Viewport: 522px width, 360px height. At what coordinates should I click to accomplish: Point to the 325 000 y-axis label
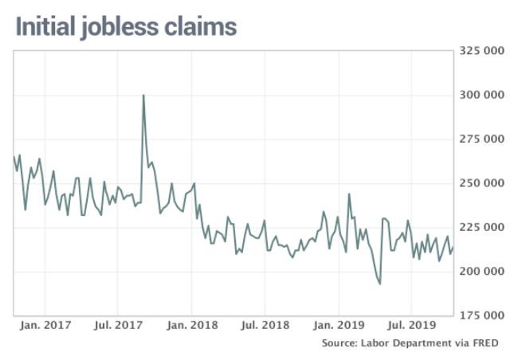pyautogui.click(x=482, y=51)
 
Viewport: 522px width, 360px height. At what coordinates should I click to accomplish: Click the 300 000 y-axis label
pyautogui.click(x=482, y=95)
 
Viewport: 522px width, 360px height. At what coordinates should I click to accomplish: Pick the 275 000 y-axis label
pyautogui.click(x=482, y=139)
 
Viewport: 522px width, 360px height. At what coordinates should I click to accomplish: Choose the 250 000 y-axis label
pyautogui.click(x=482, y=183)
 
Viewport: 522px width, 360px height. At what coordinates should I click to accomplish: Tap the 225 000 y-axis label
pyautogui.click(x=482, y=227)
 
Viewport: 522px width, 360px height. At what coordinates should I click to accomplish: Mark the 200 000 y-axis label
pyautogui.click(x=482, y=272)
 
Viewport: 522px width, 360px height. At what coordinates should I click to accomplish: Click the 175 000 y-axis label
pyautogui.click(x=482, y=315)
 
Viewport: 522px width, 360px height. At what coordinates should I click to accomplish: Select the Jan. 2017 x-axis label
pyautogui.click(x=45, y=325)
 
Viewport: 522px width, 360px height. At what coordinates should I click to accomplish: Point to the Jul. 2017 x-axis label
pyautogui.click(x=117, y=325)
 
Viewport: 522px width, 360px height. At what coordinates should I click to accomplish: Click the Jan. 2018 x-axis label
pyautogui.click(x=191, y=325)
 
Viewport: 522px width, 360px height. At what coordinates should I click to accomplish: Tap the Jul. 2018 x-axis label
pyautogui.click(x=264, y=325)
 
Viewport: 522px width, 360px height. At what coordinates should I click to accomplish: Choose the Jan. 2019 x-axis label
pyautogui.click(x=338, y=325)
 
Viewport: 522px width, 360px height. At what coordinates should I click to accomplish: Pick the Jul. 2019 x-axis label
pyautogui.click(x=410, y=325)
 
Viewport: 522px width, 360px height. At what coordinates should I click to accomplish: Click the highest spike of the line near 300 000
pyautogui.click(x=143, y=96)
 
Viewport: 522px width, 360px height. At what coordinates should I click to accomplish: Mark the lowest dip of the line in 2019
pyautogui.click(x=379, y=284)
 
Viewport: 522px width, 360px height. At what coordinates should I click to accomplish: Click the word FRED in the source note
pyautogui.click(x=488, y=343)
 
